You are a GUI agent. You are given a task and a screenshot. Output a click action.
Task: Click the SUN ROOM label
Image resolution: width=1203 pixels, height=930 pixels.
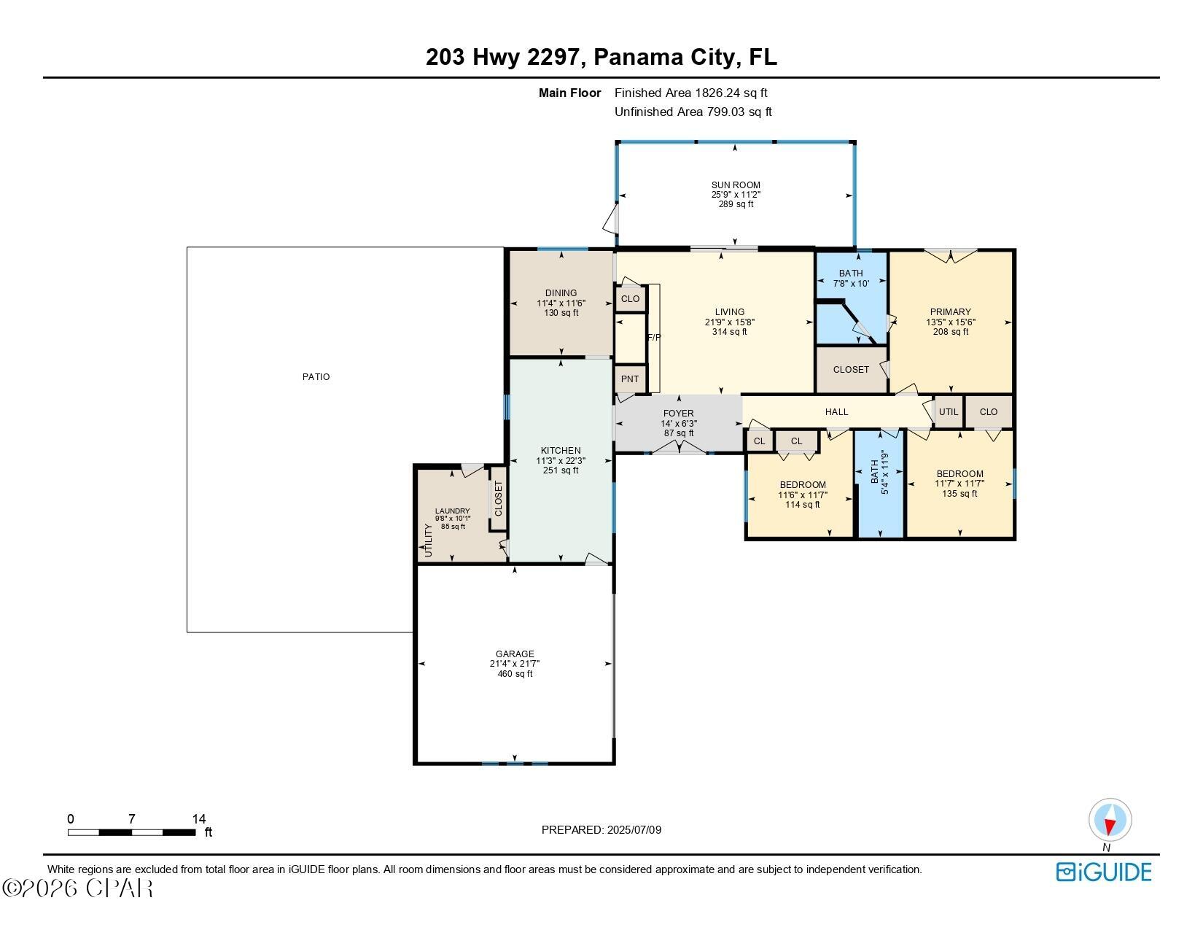[x=735, y=185]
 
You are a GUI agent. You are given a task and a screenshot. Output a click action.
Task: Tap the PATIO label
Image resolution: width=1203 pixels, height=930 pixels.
[x=316, y=376]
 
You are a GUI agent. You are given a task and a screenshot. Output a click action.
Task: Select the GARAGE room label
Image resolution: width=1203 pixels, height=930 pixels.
[x=514, y=654]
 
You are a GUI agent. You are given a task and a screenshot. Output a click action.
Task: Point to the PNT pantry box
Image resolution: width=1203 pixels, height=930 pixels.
[x=630, y=379]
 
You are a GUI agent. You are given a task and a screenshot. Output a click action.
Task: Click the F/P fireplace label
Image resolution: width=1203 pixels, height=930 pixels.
[x=654, y=337]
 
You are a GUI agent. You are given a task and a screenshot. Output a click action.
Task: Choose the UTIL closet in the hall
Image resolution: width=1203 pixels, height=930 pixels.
[x=949, y=411]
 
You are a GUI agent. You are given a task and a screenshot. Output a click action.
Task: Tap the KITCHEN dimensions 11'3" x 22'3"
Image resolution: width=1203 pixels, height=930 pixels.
[x=560, y=460]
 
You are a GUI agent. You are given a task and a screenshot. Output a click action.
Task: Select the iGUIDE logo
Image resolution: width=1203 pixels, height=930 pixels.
[x=1104, y=872]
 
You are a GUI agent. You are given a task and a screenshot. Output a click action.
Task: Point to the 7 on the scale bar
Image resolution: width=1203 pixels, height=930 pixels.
[x=132, y=818]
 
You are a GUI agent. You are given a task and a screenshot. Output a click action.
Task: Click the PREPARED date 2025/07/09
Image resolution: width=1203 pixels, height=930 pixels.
[x=634, y=830]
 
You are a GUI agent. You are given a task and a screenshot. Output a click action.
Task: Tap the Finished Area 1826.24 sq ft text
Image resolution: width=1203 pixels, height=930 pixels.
[x=691, y=93]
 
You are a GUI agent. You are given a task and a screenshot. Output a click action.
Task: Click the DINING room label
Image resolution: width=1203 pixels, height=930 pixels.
[x=561, y=293]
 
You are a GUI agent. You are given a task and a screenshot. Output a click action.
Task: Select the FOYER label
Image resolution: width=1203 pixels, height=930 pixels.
[x=678, y=413]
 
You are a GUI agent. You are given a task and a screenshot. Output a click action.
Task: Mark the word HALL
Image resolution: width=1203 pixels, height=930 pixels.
[x=836, y=411]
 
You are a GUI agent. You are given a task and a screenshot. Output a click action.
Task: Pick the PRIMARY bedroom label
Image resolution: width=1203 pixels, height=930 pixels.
[x=951, y=312]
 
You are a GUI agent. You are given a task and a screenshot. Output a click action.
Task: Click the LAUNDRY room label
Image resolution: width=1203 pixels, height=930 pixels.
[x=452, y=511]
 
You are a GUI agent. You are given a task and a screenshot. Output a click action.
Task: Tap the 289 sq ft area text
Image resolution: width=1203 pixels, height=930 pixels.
[x=736, y=204]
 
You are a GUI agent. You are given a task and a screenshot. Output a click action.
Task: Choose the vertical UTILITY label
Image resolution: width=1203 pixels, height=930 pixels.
[x=428, y=540]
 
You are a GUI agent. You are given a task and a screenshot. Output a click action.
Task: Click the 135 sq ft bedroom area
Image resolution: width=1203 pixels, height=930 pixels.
[x=959, y=493]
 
